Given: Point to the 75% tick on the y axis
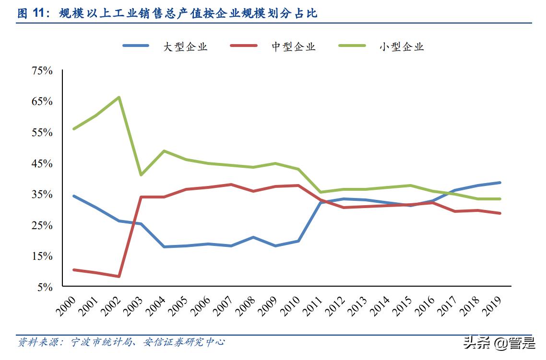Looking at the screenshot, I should (x=42, y=71).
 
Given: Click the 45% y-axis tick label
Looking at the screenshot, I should (x=42, y=164).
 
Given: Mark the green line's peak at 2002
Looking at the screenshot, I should (x=119, y=97).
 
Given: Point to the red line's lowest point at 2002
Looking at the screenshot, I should (x=119, y=277).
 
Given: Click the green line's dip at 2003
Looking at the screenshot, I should (x=141, y=175).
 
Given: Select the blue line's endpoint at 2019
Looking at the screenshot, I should (x=500, y=183).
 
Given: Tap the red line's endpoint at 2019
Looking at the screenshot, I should (x=500, y=213).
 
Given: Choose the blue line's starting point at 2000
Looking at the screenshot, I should (x=74, y=196).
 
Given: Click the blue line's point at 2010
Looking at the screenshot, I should (x=298, y=241).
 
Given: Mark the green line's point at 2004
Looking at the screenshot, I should (x=164, y=151).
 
